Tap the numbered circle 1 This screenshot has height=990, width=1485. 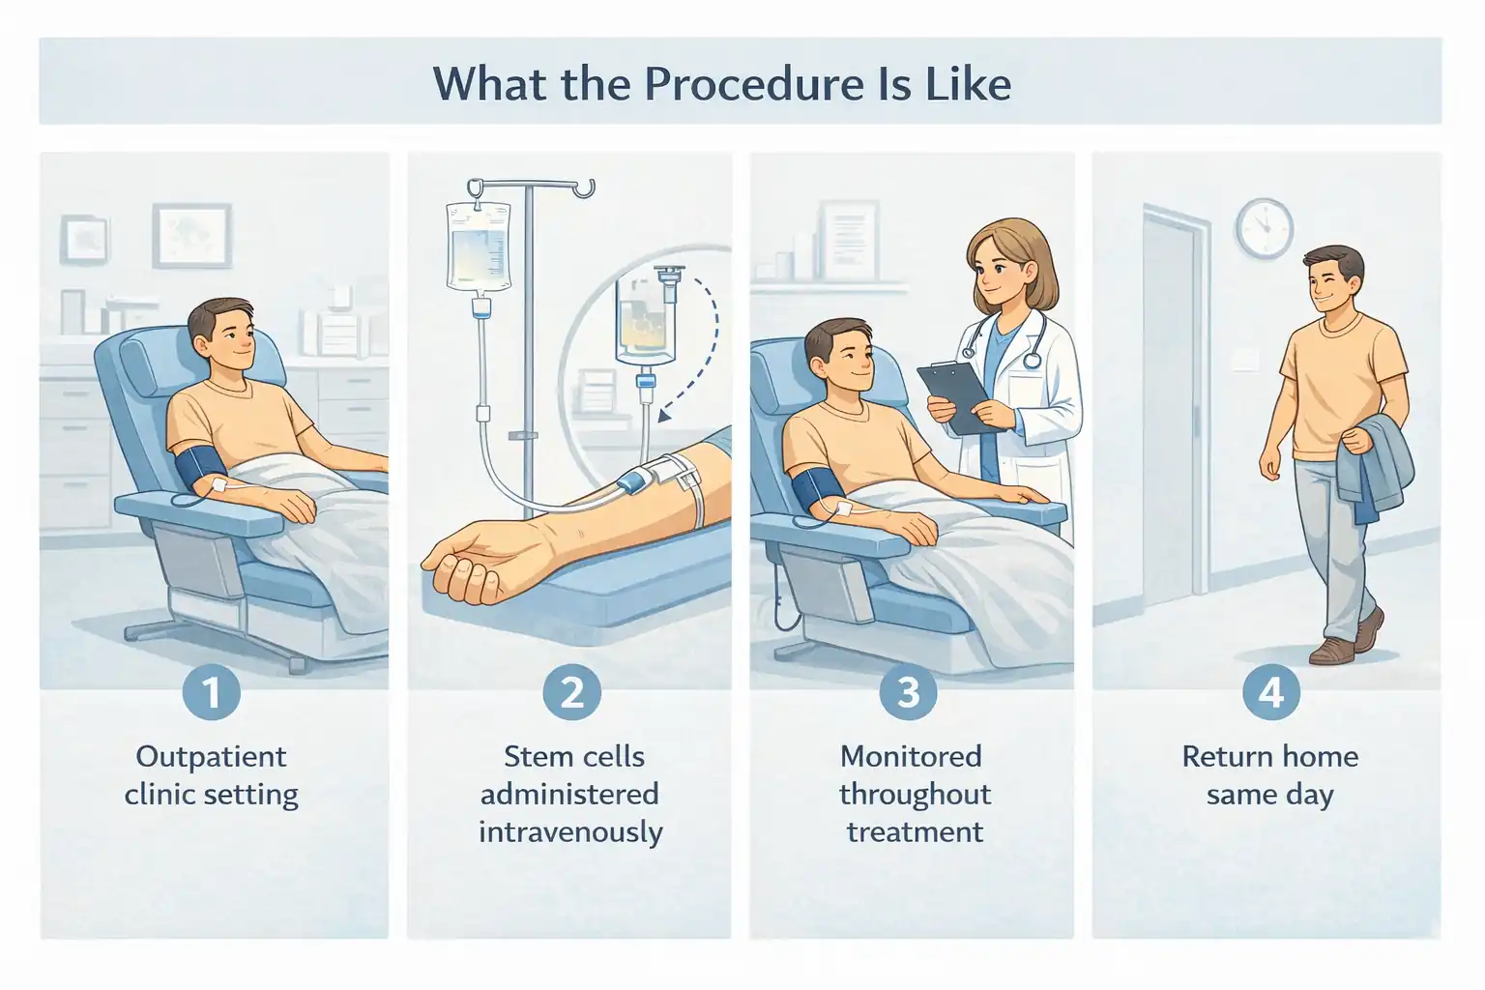click(211, 692)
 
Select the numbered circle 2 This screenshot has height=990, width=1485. click(571, 692)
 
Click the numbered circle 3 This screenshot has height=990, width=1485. click(908, 692)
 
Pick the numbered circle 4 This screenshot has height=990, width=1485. click(1270, 692)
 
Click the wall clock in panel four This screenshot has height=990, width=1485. click(1264, 228)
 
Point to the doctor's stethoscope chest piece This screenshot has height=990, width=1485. click(1032, 360)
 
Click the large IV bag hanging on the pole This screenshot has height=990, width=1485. click(478, 247)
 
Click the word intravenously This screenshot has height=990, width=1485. click(570, 832)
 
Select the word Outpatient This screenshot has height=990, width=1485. click(211, 756)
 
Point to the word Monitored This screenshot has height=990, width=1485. click(911, 756)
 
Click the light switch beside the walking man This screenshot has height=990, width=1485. click(1247, 360)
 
